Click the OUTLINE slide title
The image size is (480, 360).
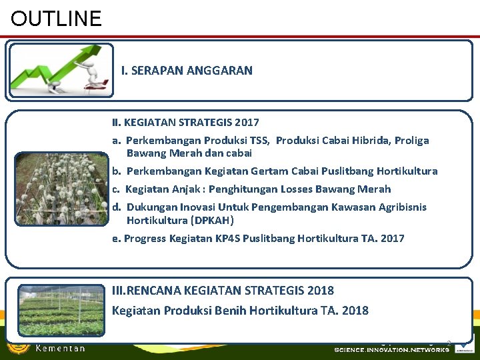pyautogui.click(x=56, y=18)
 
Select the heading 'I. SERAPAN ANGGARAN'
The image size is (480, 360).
pyautogui.click(x=187, y=70)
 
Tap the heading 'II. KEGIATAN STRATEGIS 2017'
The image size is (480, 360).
pyautogui.click(x=185, y=123)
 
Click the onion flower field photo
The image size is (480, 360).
pyautogui.click(x=61, y=189)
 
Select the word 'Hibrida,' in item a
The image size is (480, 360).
pyautogui.click(x=368, y=141)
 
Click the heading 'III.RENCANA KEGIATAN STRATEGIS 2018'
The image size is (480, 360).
pyautogui.click(x=223, y=291)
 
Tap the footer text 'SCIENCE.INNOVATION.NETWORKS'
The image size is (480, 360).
pyautogui.click(x=391, y=350)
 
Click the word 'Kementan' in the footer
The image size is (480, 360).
pyautogui.click(x=60, y=349)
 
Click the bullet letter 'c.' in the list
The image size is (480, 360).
pyautogui.click(x=117, y=189)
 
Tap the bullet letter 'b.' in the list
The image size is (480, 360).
pyautogui.click(x=117, y=171)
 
